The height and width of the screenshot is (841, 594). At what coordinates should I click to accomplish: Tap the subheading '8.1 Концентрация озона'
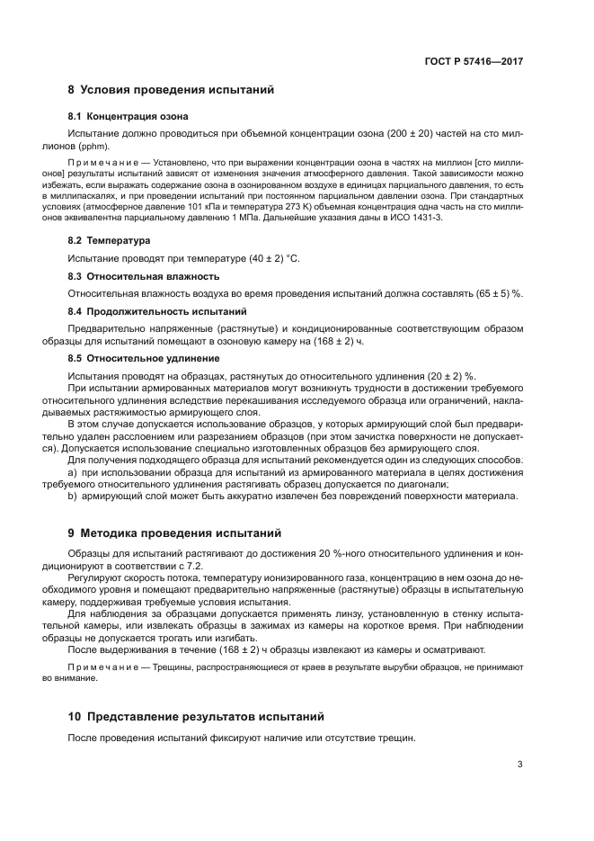coord(129,117)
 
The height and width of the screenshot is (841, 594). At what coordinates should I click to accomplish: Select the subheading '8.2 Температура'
coord(110,241)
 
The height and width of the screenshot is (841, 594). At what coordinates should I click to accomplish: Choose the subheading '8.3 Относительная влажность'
coord(144,276)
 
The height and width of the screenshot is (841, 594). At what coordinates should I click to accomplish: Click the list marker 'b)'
coord(74,496)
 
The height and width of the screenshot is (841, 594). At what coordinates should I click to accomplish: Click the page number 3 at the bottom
coord(519,765)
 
